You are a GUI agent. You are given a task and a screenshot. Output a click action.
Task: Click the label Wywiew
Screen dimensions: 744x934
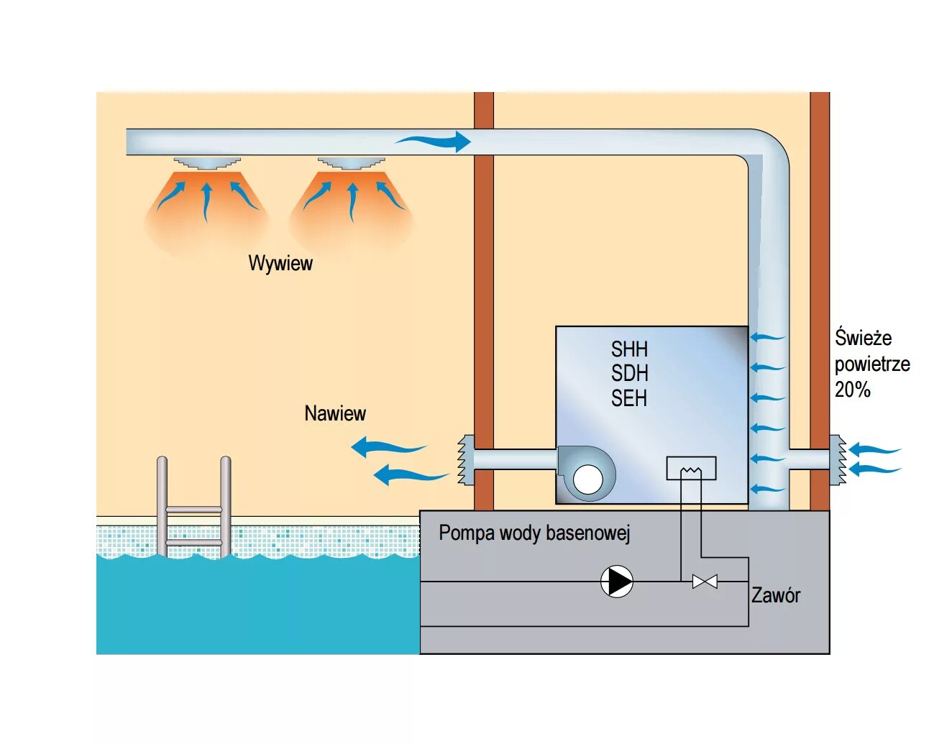[280, 263]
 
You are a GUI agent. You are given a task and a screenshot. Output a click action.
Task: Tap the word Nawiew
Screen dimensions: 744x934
[335, 413]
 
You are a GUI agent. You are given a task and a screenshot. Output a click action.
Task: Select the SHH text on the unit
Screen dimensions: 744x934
[629, 349]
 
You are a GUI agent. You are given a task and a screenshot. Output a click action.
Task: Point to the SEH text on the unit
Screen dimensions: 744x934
[629, 398]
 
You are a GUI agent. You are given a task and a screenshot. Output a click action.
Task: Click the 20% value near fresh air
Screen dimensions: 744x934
[853, 390]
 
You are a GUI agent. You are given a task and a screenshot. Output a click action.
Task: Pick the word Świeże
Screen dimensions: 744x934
[863, 338]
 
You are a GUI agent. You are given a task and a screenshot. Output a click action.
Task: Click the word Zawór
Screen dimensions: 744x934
[775, 595]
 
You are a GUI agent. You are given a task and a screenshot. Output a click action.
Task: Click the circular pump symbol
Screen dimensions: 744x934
[617, 582]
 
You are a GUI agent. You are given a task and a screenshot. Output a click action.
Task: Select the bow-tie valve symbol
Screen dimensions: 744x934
[705, 582]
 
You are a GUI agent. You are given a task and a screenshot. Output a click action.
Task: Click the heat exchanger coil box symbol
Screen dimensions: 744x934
[691, 469]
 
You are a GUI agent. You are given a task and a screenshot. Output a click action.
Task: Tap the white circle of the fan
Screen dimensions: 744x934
[588, 479]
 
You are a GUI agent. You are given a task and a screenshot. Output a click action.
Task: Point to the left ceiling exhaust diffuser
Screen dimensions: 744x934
[206, 162]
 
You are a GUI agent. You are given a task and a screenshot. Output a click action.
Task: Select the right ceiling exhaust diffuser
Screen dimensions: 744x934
[352, 162]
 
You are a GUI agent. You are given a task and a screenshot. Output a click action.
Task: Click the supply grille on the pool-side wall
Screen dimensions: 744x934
[465, 459]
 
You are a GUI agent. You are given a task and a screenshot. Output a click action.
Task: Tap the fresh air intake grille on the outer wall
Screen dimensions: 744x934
[838, 459]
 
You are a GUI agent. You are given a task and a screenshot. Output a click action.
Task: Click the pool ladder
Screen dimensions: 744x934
[194, 507]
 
